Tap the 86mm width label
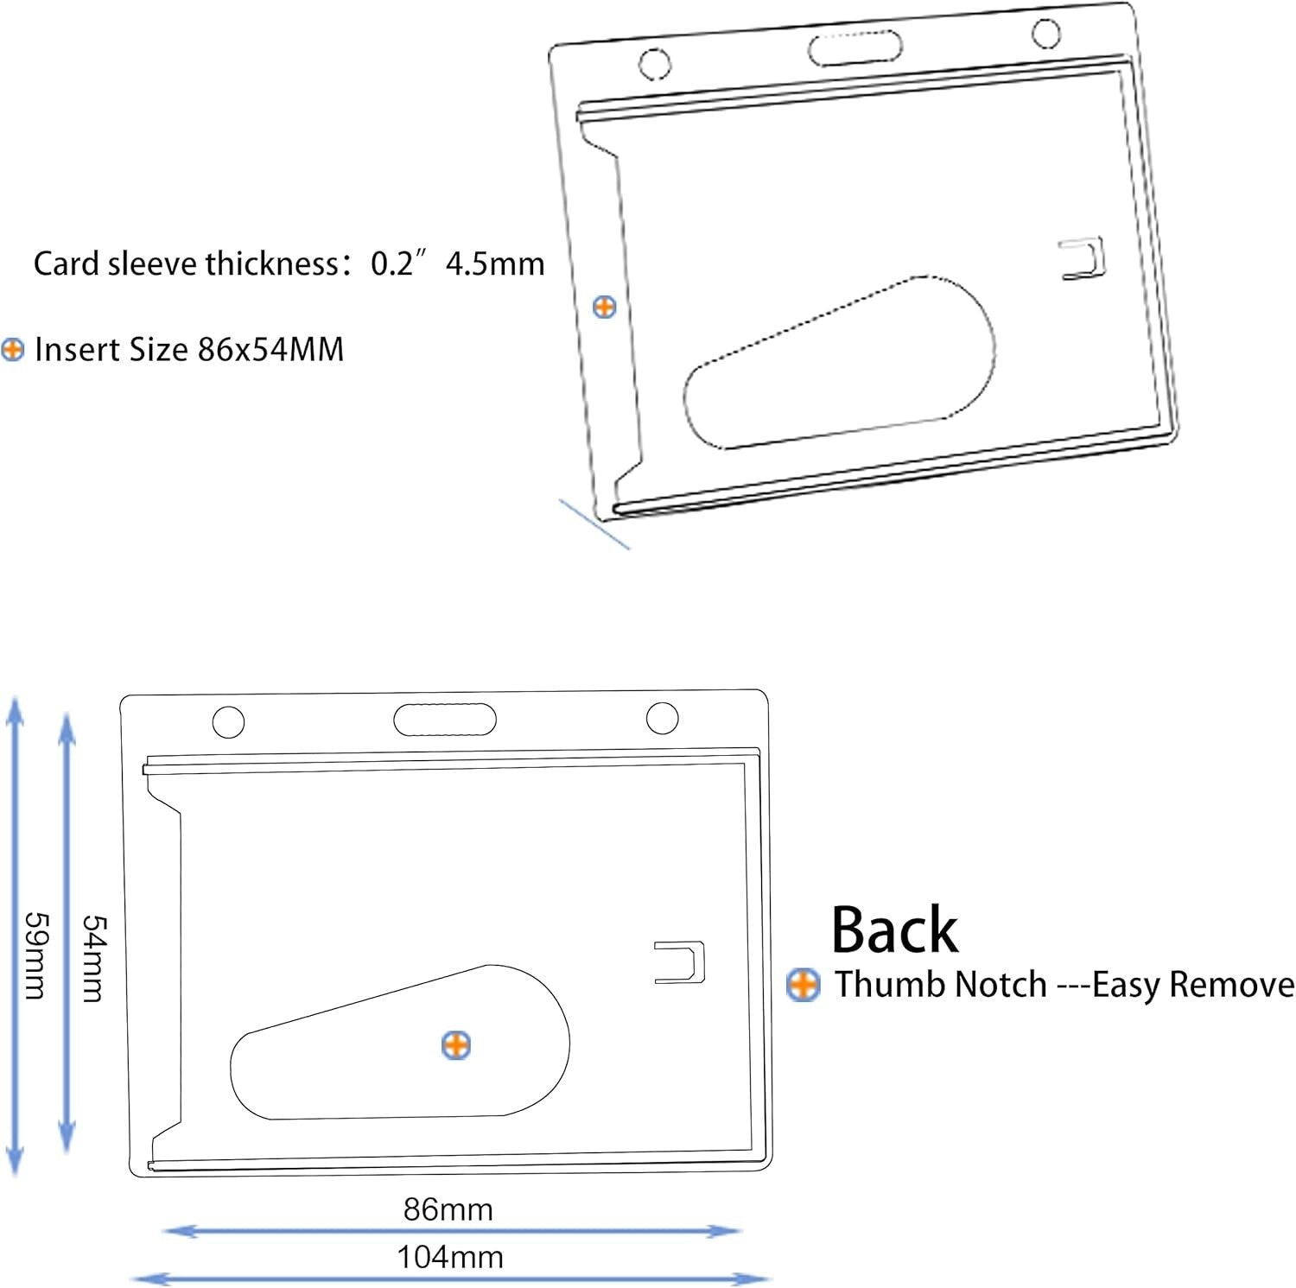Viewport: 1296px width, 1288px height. coord(448,1209)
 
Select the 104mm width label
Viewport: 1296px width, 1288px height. coord(450,1257)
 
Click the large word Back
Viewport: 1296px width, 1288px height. coord(895,930)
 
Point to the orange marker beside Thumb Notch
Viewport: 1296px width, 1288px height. coord(804,985)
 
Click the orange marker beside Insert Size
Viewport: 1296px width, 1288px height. coord(13,350)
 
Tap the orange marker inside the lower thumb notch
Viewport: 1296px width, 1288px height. coord(456,1045)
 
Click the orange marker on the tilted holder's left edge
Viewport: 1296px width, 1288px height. coord(605,306)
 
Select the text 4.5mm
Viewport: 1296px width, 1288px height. coord(495,263)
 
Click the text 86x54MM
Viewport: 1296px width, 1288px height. coord(271,350)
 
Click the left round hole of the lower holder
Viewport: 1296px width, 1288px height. coord(228,722)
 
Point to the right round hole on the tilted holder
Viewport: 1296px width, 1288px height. coord(1046,34)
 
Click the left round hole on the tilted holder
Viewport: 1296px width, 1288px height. coord(654,63)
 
